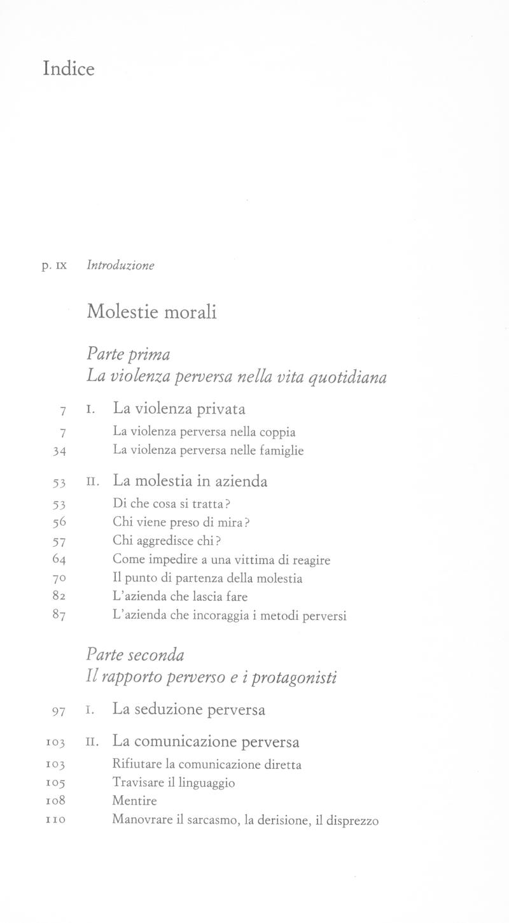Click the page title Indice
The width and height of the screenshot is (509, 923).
coord(69,68)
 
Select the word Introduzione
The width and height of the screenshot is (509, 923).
coord(120,265)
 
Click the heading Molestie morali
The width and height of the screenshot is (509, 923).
coord(151,312)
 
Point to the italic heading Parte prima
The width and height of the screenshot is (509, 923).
coord(128,353)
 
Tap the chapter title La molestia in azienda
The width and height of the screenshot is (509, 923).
coord(190,481)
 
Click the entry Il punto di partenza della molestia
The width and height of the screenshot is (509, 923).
coord(207,579)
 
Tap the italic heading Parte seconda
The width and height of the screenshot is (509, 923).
coord(135,655)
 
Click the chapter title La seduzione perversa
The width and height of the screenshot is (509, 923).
coord(188,709)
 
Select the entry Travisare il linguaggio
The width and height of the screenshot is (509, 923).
coord(173,783)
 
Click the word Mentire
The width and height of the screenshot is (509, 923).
coord(134,801)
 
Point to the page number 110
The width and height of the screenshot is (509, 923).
coord(57,821)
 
